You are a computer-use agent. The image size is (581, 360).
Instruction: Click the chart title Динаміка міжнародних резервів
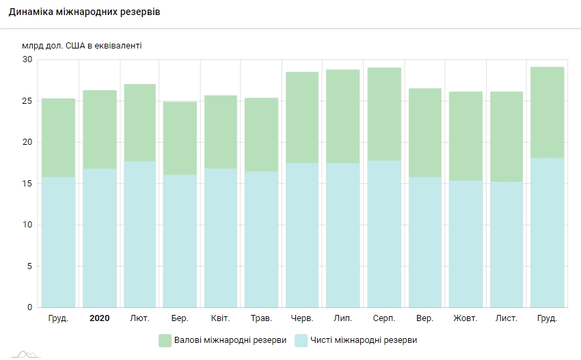[85, 13]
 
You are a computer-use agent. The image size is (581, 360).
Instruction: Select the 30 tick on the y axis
[27, 59]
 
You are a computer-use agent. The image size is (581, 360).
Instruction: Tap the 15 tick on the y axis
[27, 184]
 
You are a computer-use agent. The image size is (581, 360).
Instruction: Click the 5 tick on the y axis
[29, 266]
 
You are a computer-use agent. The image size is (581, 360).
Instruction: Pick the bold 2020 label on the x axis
[99, 318]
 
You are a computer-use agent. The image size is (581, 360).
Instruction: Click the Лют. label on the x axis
[139, 318]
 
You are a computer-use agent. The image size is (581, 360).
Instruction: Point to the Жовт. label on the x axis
[465, 318]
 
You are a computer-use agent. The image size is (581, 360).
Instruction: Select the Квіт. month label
[221, 318]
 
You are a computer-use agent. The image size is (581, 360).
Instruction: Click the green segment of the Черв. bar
[302, 117]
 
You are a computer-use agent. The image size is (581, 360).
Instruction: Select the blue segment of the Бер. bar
[180, 240]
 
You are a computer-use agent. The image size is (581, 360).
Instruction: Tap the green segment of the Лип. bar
[342, 116]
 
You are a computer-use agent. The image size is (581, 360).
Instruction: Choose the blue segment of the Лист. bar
[506, 244]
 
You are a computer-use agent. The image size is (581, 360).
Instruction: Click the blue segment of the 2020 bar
[99, 238]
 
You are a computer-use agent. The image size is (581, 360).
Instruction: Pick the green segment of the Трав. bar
[261, 135]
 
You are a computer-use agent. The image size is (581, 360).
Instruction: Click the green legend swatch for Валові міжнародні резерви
[165, 340]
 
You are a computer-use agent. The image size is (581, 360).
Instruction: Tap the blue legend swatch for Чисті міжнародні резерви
[301, 340]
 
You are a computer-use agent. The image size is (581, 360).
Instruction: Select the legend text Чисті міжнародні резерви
[363, 340]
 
